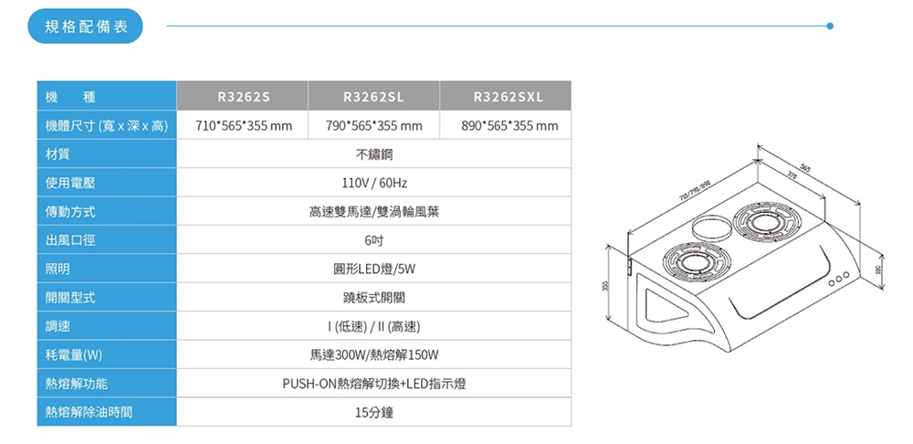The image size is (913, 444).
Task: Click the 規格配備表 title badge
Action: coord(86,26)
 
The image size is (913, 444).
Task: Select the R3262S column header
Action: coord(244,96)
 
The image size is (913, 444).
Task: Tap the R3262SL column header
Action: coord(373,96)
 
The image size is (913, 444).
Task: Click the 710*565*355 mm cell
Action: coord(244,125)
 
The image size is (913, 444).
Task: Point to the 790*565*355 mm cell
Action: coord(373,125)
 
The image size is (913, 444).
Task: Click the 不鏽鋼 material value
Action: coord(373,153)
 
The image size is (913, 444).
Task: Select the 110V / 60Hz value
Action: coord(373,183)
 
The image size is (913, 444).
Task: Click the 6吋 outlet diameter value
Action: coord(373,240)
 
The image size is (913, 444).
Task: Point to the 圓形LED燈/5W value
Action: coord(373,269)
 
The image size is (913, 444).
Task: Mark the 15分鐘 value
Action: coord(373,412)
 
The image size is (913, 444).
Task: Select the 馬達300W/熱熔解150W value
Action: coord(373,354)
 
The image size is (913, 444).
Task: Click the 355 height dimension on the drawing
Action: coord(604,286)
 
